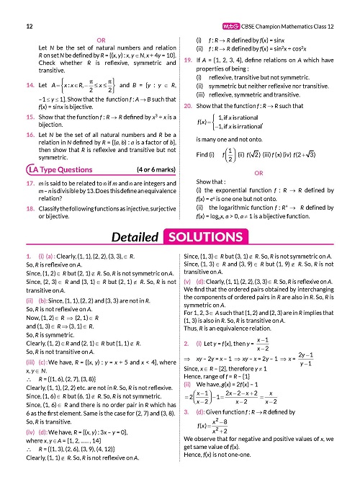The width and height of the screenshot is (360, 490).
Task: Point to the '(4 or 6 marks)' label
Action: [x=145, y=170]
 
